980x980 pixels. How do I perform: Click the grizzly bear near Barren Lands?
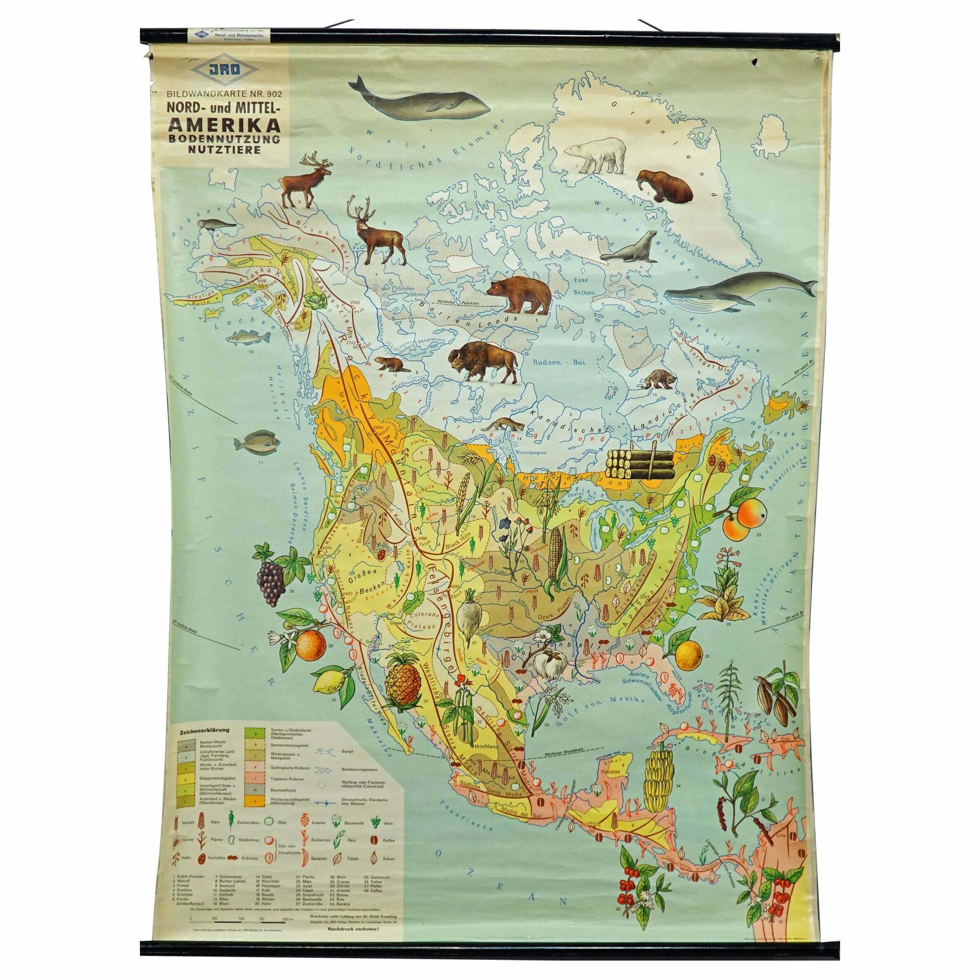pos(519,294)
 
